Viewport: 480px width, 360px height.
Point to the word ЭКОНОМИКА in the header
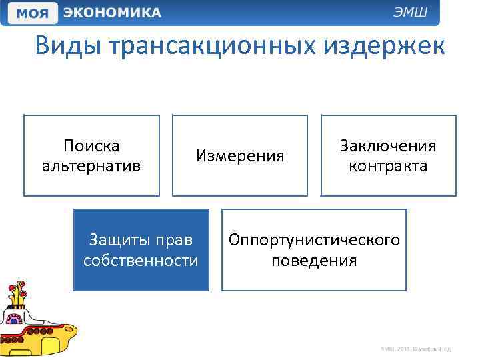[110, 12]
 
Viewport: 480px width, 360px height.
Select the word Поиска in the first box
[91, 145]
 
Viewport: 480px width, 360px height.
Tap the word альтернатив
[91, 165]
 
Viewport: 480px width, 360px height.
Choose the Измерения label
[240, 156]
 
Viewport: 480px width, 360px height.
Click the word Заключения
[388, 145]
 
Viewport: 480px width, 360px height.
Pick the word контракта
[388, 165]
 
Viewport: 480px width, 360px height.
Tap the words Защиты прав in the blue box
[141, 239]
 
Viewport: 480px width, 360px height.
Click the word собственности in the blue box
[141, 260]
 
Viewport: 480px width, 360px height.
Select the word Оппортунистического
[314, 239]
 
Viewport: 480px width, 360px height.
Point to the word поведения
[314, 260]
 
